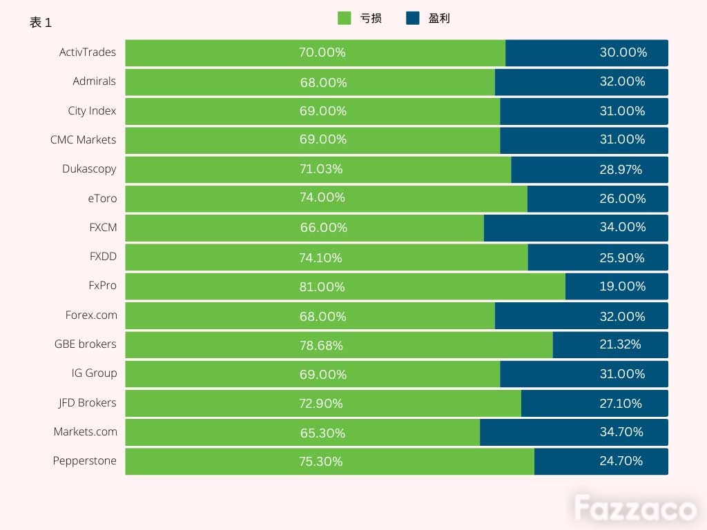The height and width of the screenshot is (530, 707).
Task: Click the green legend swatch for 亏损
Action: point(345,18)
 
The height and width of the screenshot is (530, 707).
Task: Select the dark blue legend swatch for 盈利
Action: point(413,18)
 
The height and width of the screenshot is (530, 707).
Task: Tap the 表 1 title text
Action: point(41,23)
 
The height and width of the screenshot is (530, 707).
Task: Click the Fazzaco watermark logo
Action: point(636,508)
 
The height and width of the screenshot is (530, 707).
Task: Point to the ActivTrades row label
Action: point(88,52)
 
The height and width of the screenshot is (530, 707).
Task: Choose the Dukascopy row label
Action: point(89,169)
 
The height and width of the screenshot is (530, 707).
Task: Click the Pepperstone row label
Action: point(85,461)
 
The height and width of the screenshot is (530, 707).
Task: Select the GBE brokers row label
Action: point(85,344)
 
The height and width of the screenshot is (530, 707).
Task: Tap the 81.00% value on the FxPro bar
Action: point(322,286)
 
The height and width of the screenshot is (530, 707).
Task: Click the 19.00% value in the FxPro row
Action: point(623,286)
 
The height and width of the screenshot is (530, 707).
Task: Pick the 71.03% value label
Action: point(321,169)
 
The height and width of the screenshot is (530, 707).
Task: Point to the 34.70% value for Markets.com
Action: point(621,432)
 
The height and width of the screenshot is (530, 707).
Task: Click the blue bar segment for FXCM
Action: point(576,228)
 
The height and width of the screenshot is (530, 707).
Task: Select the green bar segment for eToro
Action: point(327,199)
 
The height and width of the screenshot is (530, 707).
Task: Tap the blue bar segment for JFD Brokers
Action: point(594,403)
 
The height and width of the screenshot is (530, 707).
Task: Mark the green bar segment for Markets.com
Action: point(302,432)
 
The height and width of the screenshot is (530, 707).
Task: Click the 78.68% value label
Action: point(322,346)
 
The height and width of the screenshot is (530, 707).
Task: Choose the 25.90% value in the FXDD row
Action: point(622,258)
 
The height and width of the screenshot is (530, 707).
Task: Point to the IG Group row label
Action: point(94,373)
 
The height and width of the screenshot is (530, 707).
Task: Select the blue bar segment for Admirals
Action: point(581,82)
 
